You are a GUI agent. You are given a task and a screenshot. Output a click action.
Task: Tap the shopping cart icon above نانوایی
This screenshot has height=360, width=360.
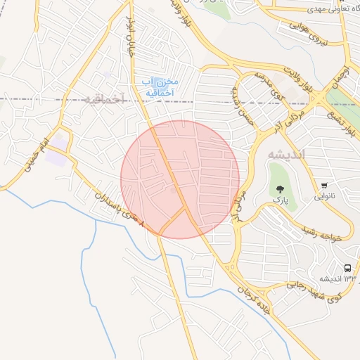(323, 186)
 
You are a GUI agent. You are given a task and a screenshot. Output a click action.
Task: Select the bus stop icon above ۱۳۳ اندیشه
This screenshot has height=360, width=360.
(347, 268)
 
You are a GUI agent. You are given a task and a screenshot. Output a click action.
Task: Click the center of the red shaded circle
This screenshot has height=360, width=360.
(180, 179)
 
